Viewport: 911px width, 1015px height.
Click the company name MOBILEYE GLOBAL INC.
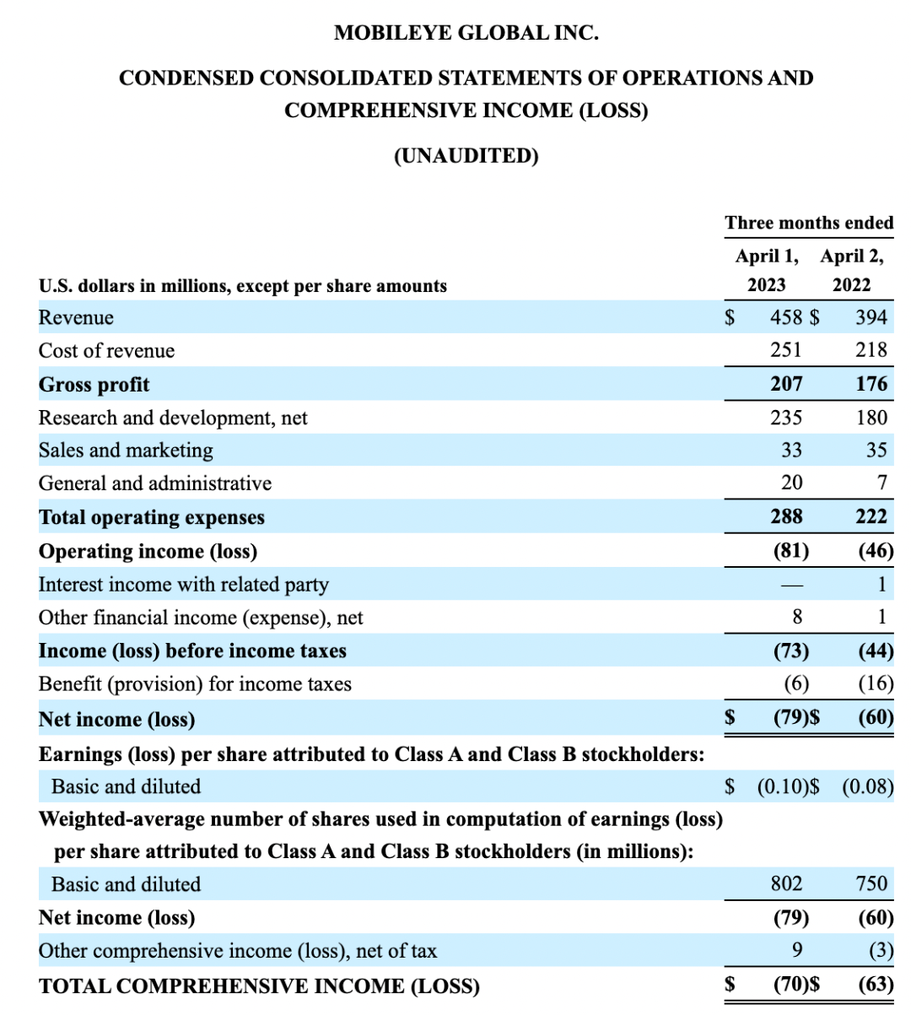(466, 33)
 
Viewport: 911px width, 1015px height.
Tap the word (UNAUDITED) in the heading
(466, 156)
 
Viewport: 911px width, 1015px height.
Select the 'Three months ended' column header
(808, 223)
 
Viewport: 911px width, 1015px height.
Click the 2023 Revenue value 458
(785, 317)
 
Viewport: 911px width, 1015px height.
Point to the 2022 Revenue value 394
(871, 317)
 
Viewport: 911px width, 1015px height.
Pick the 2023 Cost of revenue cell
(786, 350)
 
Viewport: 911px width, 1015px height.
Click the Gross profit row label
(94, 385)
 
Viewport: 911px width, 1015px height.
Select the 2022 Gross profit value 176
(871, 384)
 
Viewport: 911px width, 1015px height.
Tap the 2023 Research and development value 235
(786, 418)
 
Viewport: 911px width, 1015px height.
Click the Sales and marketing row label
(126, 451)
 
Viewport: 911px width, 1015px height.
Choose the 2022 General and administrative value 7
(881, 483)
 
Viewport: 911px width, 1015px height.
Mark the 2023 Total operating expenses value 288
(786, 516)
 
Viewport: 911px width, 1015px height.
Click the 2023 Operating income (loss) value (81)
(790, 551)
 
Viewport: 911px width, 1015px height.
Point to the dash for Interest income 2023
(790, 585)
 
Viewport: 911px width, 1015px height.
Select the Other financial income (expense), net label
(201, 618)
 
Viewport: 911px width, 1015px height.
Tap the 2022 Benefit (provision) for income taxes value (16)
(876, 683)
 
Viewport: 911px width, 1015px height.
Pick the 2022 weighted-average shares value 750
(871, 883)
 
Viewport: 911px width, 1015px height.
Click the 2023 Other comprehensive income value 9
(796, 950)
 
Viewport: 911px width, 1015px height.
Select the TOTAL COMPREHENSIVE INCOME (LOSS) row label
(259, 986)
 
